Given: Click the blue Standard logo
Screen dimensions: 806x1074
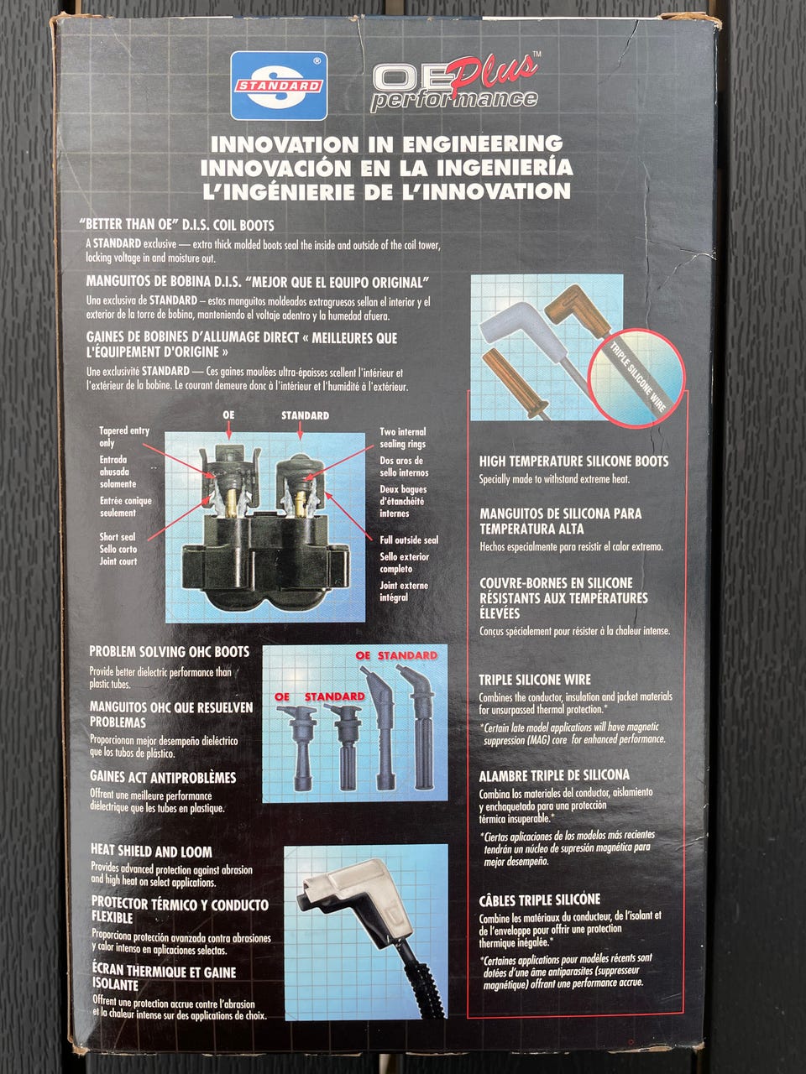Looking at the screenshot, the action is pos(279,86).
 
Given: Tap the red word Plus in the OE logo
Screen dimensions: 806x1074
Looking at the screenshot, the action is pos(494,72).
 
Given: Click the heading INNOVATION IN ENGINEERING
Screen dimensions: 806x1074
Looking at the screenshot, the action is pos(386,144).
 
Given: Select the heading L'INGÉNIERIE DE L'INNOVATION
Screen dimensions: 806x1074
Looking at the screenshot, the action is pos(386,190).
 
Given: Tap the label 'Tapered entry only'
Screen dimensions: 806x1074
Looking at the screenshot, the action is pos(123,436).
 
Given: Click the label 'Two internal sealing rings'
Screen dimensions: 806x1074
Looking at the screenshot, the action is pos(403,437).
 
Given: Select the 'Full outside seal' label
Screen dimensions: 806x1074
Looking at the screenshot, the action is pos(409,540).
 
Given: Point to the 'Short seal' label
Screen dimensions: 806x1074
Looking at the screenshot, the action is pos(118,536).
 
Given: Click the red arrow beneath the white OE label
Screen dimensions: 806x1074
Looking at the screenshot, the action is pos(228,430).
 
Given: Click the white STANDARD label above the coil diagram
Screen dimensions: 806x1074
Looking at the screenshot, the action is pos(305,415).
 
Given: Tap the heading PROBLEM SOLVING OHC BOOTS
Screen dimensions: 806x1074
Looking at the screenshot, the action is pos(170,652).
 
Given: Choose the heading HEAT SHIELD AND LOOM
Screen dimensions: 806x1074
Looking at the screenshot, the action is pos(152,852).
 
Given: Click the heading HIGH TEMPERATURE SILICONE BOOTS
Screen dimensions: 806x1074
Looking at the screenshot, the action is pos(573,461).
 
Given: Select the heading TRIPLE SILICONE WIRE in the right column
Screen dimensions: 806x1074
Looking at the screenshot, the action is pos(535,680).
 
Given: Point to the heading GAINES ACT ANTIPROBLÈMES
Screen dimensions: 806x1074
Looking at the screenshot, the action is pos(163,778).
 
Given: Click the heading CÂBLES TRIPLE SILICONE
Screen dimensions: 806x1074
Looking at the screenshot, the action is pos(540,899).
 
